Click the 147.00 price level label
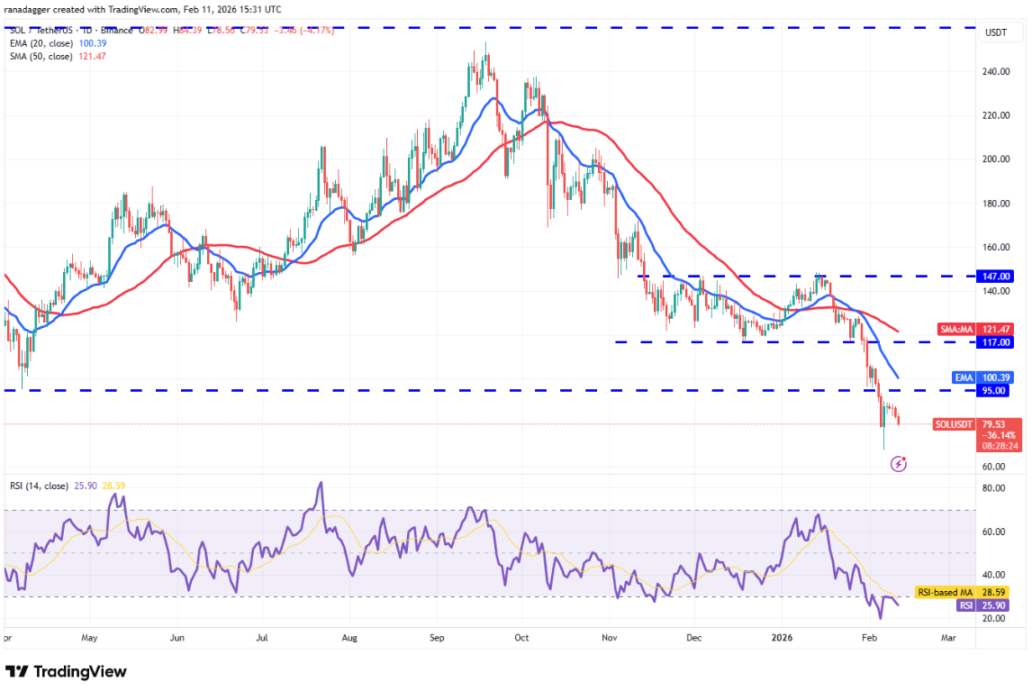point(996,277)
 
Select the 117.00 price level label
point(996,342)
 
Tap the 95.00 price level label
point(996,391)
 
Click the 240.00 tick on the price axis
point(995,71)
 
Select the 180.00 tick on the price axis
point(995,204)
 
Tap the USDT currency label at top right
point(996,32)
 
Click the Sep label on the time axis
point(437,638)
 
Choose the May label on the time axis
point(88,638)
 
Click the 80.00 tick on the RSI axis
point(995,488)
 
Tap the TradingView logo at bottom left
point(66,672)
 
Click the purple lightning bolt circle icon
point(898,464)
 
